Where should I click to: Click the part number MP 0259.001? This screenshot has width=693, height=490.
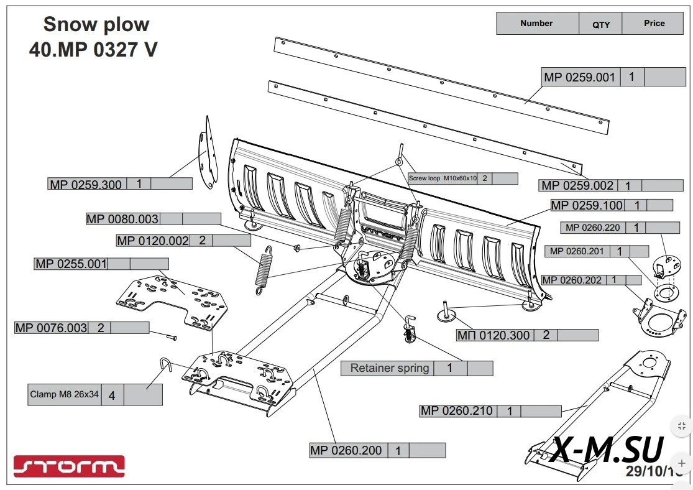tap(579, 78)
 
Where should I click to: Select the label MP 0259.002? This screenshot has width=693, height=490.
tap(577, 185)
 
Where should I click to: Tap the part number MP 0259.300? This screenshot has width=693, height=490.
tap(86, 184)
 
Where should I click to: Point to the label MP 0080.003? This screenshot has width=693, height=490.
tap(122, 219)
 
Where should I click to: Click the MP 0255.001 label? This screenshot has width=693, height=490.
tap(71, 264)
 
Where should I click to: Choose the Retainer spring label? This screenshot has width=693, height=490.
tap(390, 368)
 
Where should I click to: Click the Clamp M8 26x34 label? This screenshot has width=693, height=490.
tap(65, 394)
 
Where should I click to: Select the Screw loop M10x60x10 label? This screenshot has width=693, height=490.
tap(443, 178)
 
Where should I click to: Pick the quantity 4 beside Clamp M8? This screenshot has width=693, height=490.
tap(112, 395)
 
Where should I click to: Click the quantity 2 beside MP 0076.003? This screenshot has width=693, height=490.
tap(101, 328)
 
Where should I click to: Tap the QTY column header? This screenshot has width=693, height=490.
tap(601, 24)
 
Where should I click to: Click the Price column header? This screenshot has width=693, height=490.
tap(654, 24)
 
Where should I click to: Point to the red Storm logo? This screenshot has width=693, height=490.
tap(69, 466)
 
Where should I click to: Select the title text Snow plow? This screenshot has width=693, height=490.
tap(96, 25)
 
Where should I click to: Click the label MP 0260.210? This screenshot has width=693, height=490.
tap(456, 411)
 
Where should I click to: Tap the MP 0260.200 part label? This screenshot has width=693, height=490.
tap(346, 450)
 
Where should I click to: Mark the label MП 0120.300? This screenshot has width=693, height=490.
tap(493, 335)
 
